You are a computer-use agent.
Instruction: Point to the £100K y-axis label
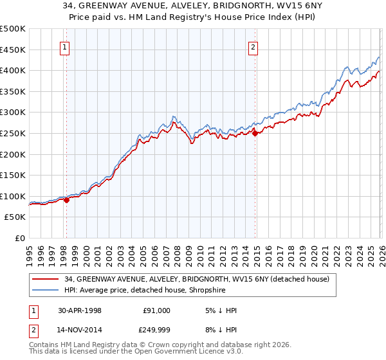pyautogui.click(x=13, y=197)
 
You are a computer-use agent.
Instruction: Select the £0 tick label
pyautogui.click(x=20, y=239)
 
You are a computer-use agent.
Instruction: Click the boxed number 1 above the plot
pyautogui.click(x=66, y=47)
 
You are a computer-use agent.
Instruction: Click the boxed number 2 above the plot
pyautogui.click(x=253, y=47)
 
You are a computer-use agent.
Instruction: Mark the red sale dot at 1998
pyautogui.click(x=66, y=200)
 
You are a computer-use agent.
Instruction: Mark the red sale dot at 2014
pyautogui.click(x=255, y=133)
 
